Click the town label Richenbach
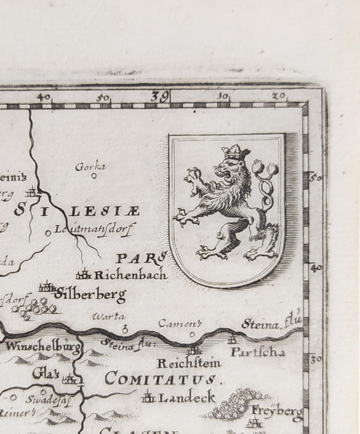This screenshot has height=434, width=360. click(131, 275)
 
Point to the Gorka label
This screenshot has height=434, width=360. click(90, 167)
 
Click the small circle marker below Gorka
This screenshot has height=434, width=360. click(94, 176)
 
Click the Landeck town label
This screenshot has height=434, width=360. click(186, 397)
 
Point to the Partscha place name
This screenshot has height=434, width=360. click(257, 352)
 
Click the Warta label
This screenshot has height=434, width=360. click(109, 317)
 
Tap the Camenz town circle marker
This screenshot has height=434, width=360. click(192, 334)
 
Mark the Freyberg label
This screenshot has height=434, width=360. click(277, 411)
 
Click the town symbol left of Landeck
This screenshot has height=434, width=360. click(148, 397)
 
